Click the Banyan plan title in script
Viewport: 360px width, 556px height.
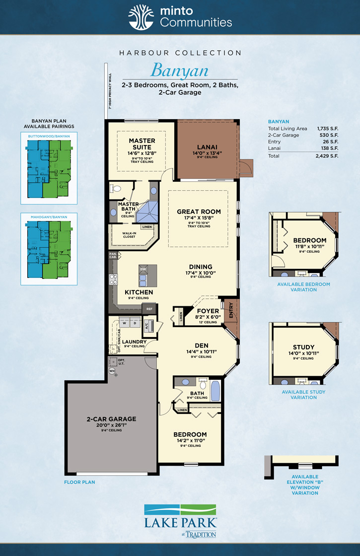pyautogui.click(x=179, y=70)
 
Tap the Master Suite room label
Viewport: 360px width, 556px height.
pyautogui.click(x=142, y=140)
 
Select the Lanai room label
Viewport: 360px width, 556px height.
pyautogui.click(x=207, y=147)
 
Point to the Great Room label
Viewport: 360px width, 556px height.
pyautogui.click(x=199, y=211)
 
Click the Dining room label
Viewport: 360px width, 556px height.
pyautogui.click(x=201, y=267)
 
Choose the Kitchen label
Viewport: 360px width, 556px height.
pyautogui.click(x=139, y=292)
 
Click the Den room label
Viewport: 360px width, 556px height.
pyautogui.click(x=201, y=345)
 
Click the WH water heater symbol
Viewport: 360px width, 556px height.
pyautogui.click(x=112, y=371)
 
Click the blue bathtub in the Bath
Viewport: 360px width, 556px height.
pyautogui.click(x=215, y=391)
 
